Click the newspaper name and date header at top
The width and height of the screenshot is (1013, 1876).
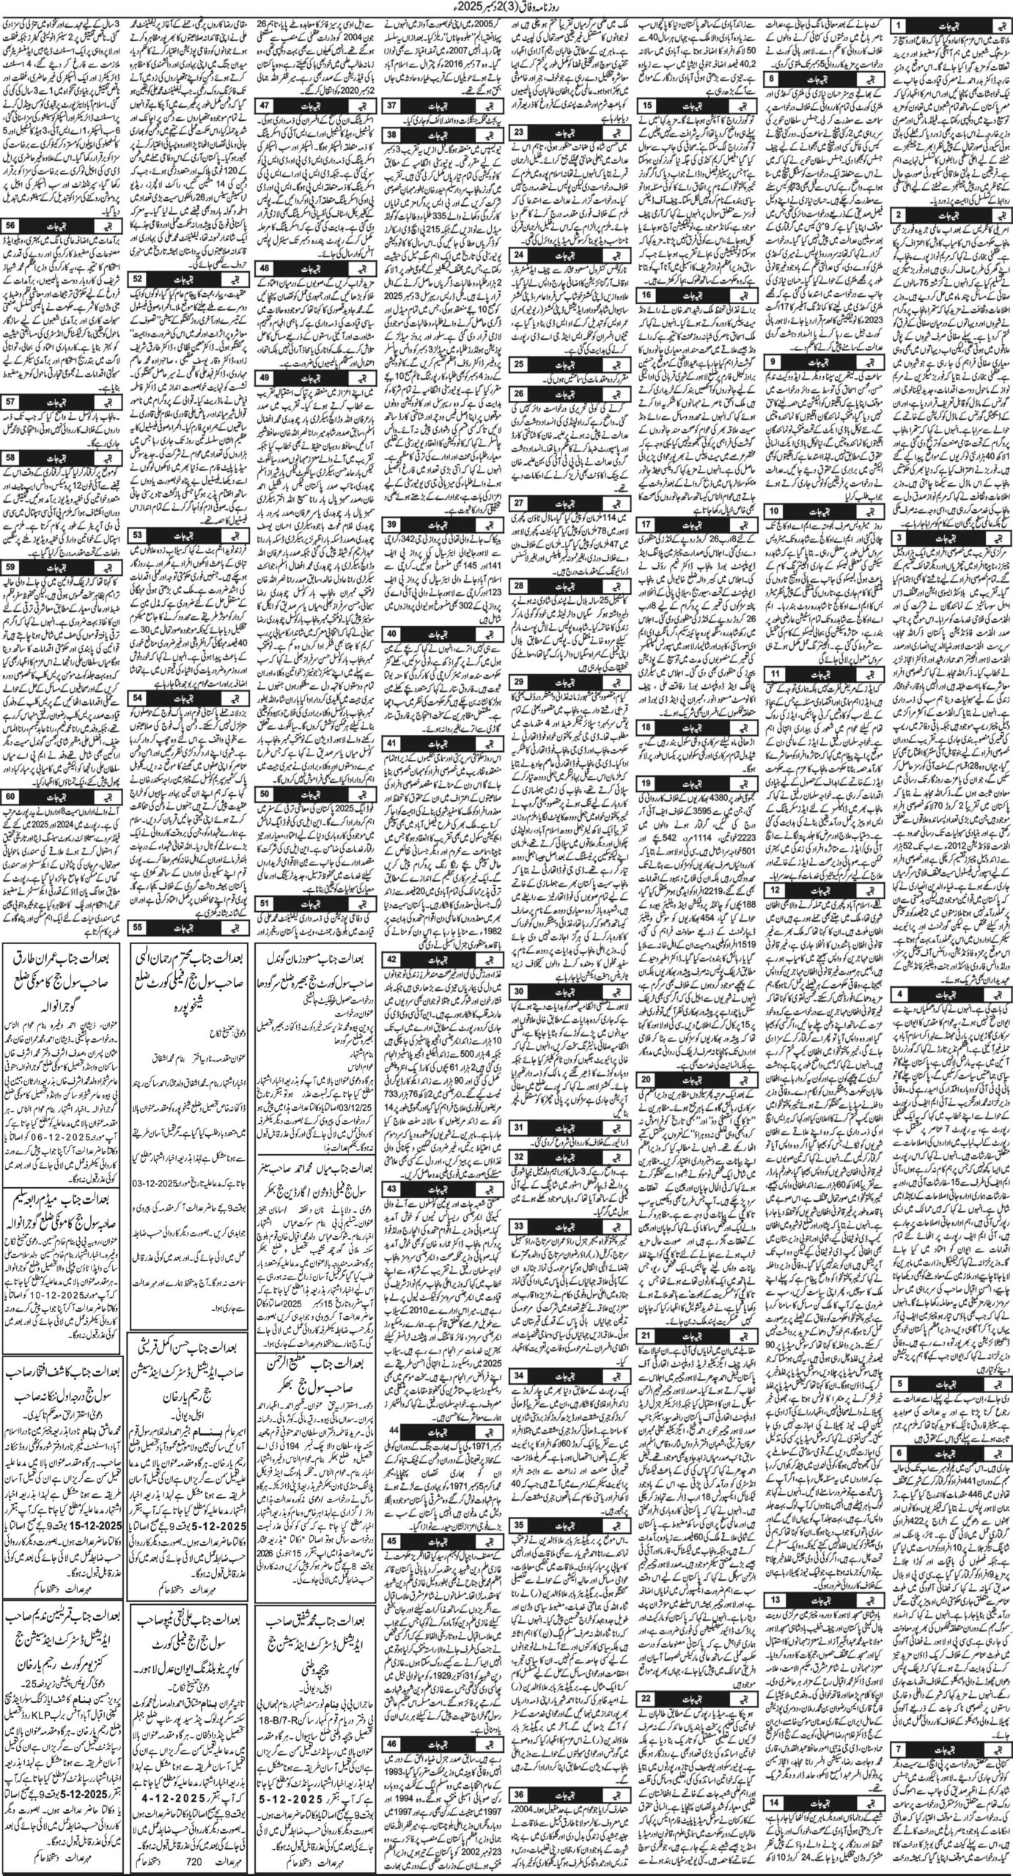pyautogui.click(x=506, y=10)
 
